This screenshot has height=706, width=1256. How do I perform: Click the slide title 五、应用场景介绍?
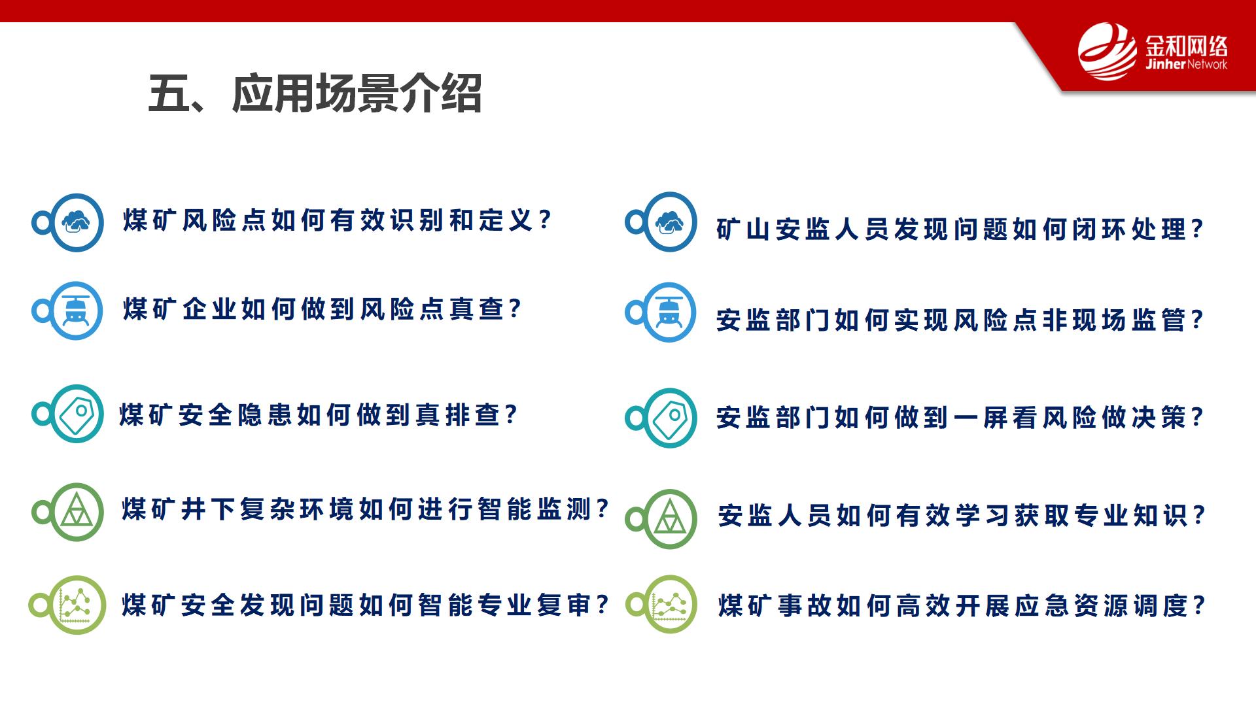(315, 93)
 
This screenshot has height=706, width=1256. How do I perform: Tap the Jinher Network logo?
(1153, 52)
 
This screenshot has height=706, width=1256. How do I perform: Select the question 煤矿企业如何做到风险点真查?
(323, 309)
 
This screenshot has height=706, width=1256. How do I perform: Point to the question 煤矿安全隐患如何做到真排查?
(319, 415)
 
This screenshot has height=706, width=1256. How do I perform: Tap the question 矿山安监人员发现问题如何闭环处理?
(960, 229)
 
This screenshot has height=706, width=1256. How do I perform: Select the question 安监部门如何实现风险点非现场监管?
(960, 320)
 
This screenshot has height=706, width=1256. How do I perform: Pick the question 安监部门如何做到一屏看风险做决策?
(960, 417)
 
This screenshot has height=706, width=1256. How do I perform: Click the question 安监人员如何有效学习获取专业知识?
(962, 515)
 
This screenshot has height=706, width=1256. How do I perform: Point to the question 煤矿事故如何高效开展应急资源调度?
(962, 605)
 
